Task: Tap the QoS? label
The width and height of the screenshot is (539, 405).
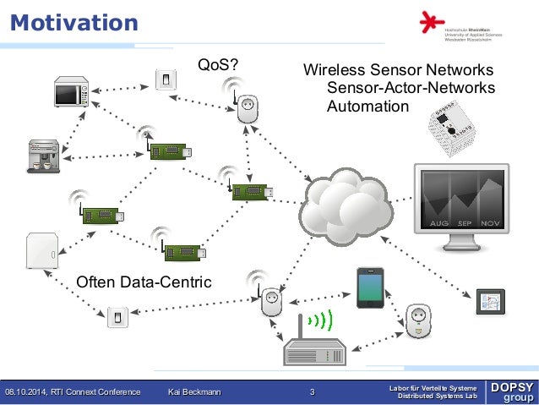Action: pyautogui.click(x=217, y=64)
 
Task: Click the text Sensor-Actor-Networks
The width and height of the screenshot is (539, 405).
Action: pyautogui.click(x=411, y=88)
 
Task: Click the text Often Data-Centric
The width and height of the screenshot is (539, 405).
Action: pyautogui.click(x=144, y=282)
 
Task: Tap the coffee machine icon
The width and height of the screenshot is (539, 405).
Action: pyautogui.click(x=43, y=155)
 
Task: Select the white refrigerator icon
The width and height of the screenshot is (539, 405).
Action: pyautogui.click(x=41, y=253)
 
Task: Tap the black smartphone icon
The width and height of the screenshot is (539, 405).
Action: pyautogui.click(x=371, y=287)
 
